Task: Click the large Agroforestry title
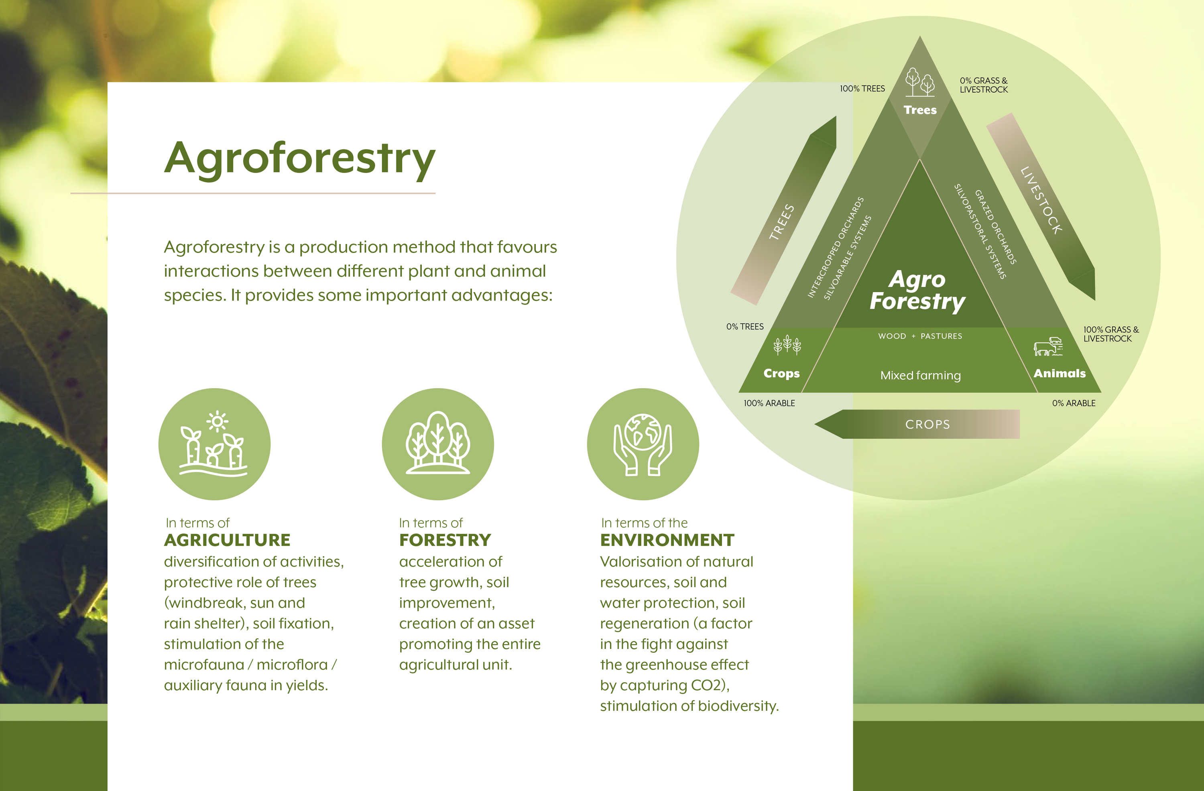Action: coord(299,158)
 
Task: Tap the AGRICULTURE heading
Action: coord(227,540)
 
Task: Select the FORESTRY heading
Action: coord(445,540)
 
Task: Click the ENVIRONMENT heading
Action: coord(667,540)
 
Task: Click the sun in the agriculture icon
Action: coord(218,421)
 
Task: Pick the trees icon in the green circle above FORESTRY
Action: coord(437,443)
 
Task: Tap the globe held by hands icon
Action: coord(643,444)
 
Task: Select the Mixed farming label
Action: coord(920,375)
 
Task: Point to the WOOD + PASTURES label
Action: coord(920,336)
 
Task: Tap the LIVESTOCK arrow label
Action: coord(1041,200)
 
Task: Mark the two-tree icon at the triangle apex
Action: coord(920,82)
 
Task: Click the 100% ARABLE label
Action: coord(769,403)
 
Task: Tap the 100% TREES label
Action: coord(862,89)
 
